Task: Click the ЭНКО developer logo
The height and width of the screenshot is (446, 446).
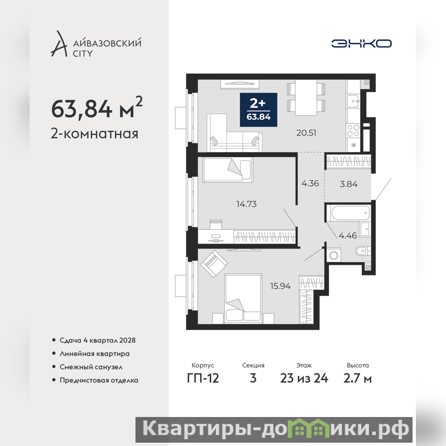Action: tap(361, 43)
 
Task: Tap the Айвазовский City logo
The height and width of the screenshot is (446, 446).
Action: tap(96, 44)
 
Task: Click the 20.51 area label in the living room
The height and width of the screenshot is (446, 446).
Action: tap(306, 133)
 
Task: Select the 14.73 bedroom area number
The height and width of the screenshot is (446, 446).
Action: tap(246, 204)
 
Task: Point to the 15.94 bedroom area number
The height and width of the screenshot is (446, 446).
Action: tap(280, 286)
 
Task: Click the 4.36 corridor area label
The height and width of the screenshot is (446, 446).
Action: tap(310, 183)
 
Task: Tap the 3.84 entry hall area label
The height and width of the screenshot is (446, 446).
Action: tap(348, 184)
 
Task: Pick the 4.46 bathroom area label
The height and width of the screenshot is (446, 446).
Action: tap(347, 235)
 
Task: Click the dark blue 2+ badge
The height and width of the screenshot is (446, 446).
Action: tap(259, 110)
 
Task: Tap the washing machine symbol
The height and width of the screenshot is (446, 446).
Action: tap(333, 255)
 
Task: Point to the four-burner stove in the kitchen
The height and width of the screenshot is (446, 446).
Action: tap(353, 131)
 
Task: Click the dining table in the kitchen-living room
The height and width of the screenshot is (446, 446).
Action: tap(306, 98)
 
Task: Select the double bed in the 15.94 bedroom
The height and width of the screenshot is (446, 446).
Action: tap(243, 299)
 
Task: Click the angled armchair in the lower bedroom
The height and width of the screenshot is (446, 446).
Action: tap(214, 263)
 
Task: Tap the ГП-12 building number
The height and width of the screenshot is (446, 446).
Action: tap(203, 379)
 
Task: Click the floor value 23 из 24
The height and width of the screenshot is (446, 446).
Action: tap(304, 379)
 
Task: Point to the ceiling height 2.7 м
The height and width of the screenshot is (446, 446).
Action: tap(357, 379)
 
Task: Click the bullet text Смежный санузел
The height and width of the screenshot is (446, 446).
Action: tap(91, 367)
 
